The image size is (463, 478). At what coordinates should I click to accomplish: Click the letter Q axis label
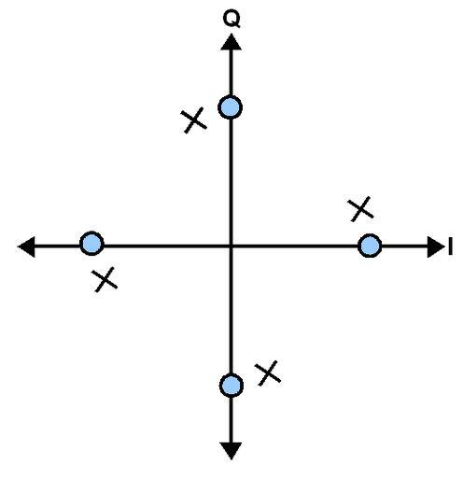click(x=231, y=20)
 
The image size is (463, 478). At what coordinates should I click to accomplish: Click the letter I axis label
click(x=450, y=246)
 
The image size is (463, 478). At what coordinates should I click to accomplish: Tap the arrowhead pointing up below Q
click(x=231, y=42)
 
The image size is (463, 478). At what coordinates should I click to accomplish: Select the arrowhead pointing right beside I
click(x=436, y=246)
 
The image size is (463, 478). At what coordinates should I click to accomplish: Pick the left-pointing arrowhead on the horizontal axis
click(x=26, y=246)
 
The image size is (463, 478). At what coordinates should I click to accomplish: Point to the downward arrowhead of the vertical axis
click(x=231, y=451)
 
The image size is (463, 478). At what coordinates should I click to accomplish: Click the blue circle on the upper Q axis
click(x=231, y=107)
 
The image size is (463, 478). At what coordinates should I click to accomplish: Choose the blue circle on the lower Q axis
click(x=231, y=386)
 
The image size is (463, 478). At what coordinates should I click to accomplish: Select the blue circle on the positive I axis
click(x=370, y=246)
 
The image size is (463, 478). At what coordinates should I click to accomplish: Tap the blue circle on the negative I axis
click(x=91, y=244)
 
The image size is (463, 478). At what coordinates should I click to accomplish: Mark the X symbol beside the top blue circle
click(x=193, y=120)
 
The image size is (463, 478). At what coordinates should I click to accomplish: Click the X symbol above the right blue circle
click(x=360, y=209)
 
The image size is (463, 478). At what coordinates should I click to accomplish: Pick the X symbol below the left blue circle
click(x=105, y=279)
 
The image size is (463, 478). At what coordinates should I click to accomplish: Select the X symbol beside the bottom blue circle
click(x=268, y=373)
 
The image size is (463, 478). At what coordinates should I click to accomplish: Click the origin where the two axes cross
click(x=231, y=246)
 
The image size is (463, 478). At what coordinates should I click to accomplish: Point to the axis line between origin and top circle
click(x=231, y=183)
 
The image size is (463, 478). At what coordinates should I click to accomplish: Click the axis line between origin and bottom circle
click(x=231, y=310)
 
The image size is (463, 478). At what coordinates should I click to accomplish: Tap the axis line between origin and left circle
click(x=167, y=246)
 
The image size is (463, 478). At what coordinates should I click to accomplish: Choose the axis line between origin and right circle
click(x=294, y=246)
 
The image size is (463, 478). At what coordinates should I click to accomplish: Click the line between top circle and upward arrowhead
click(x=231, y=73)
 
